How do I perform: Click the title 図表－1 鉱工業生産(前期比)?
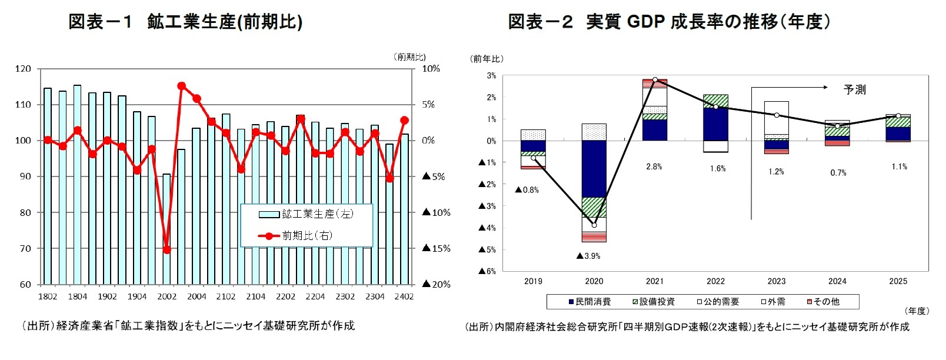point(185,22)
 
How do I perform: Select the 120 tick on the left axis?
point(23,69)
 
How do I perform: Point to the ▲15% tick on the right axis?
point(437,248)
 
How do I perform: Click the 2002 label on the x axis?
point(166,296)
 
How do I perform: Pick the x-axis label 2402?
point(404,296)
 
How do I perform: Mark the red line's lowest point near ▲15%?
point(166,250)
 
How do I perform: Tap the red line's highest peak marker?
point(181,86)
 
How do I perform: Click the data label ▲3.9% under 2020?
point(588,256)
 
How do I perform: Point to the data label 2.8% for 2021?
point(654,166)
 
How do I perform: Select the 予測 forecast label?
point(854,90)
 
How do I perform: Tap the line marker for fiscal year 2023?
point(777,115)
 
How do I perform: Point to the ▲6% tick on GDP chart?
point(487,271)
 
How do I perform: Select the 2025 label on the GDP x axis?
point(898,281)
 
